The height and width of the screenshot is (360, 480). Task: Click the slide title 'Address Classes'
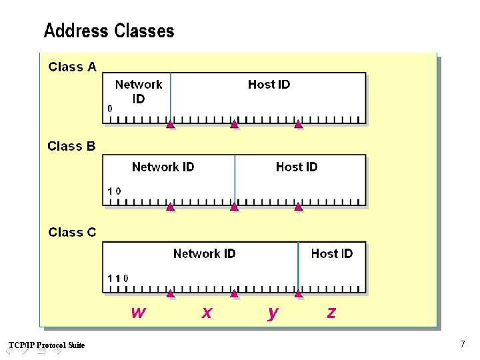click(109, 31)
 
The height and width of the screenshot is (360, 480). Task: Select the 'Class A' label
click(73, 67)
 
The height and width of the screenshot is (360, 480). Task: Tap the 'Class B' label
click(71, 146)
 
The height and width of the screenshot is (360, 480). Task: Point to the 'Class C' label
click(72, 232)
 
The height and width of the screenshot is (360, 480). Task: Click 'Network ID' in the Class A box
click(139, 91)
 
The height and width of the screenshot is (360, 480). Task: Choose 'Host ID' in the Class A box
click(269, 84)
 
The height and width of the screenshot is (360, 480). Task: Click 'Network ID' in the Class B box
click(163, 167)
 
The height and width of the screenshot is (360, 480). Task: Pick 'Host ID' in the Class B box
click(297, 167)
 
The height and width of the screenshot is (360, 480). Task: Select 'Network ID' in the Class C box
click(204, 253)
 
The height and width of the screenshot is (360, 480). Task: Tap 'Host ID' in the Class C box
click(331, 253)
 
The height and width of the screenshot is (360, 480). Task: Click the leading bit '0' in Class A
click(110, 108)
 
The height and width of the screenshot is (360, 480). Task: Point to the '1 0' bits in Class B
click(115, 191)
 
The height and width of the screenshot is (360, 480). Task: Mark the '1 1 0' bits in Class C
click(118, 277)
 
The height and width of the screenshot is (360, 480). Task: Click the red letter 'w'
click(138, 312)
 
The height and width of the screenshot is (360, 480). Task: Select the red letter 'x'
click(207, 312)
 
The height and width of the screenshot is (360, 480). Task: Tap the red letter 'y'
click(273, 313)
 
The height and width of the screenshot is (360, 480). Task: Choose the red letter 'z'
click(331, 312)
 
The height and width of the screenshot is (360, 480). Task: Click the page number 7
click(462, 344)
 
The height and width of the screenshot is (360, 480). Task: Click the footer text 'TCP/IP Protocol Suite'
click(47, 345)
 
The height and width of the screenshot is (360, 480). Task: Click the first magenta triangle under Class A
click(170, 125)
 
